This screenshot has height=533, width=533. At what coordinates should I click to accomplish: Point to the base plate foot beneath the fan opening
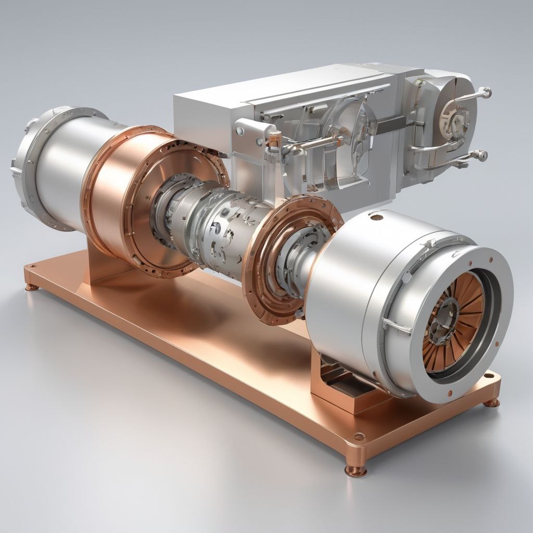(x=491, y=402)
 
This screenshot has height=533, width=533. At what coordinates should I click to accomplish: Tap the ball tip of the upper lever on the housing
(x=487, y=93)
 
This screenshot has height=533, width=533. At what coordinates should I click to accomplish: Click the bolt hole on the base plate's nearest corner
(x=357, y=437)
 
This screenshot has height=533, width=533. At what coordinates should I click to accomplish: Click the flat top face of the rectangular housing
(x=281, y=83)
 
